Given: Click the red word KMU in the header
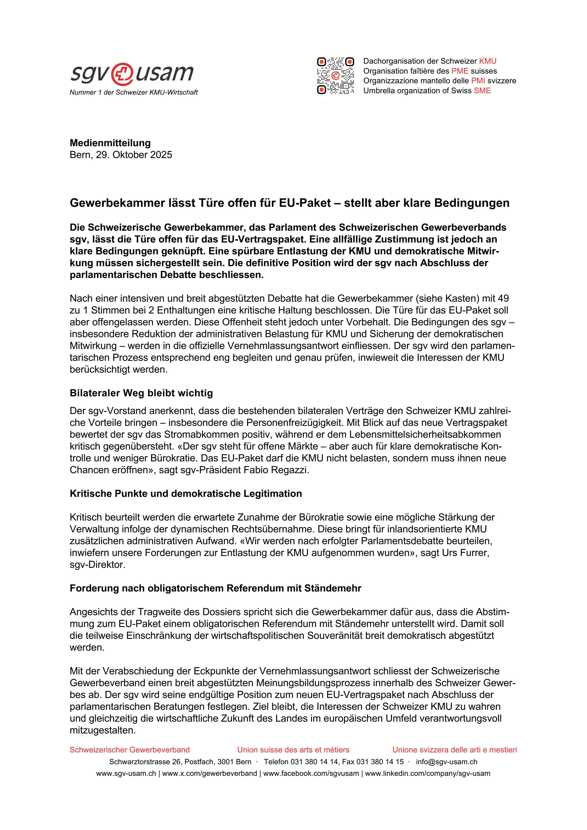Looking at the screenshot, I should [488, 61].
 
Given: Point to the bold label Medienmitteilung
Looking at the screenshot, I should [110, 143].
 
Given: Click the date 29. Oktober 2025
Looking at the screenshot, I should [134, 155].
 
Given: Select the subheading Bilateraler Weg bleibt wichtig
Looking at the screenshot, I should [141, 393].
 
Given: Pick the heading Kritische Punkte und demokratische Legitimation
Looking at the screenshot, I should [186, 494].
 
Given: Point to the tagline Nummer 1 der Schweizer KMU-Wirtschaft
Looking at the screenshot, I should [134, 93].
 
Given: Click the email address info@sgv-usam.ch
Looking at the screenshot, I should [446, 762].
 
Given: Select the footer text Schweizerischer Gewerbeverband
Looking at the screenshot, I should [130, 750].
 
